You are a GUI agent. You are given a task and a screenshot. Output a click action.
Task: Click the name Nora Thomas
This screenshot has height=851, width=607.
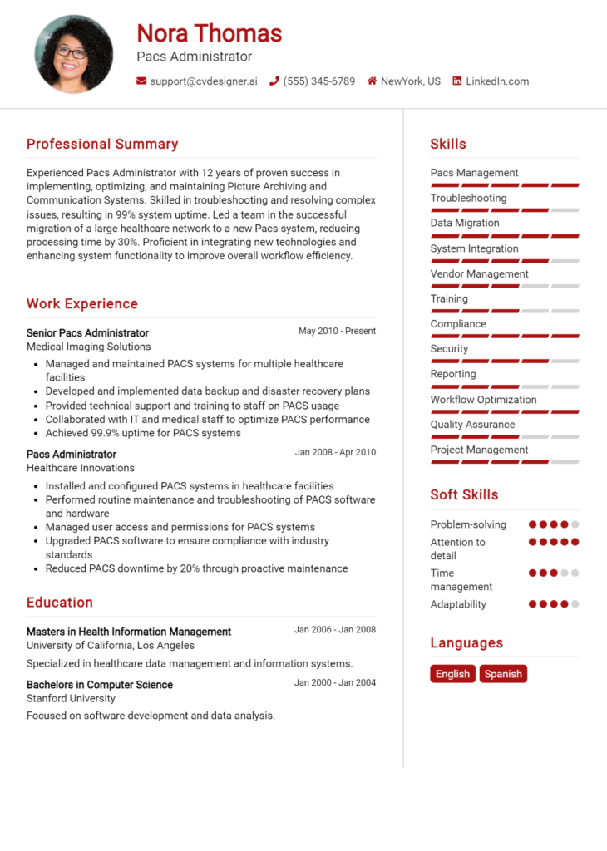(x=210, y=33)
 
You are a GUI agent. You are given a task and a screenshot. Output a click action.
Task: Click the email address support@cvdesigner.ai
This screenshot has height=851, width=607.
(x=204, y=81)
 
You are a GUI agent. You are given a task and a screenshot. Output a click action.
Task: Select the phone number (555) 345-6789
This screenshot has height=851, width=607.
(x=318, y=81)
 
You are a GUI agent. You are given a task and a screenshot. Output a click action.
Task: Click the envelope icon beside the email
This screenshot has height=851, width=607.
(x=141, y=81)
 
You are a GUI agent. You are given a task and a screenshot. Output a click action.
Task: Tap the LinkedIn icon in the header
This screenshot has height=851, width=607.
(x=456, y=81)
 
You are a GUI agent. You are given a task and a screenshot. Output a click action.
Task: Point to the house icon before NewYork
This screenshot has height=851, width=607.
(x=372, y=81)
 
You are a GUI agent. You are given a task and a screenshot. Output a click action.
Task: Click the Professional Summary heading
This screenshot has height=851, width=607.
(x=102, y=145)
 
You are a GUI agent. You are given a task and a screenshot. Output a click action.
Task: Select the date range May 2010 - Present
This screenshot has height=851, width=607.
(x=337, y=331)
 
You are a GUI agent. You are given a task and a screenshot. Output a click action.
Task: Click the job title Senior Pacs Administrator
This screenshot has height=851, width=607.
(x=87, y=332)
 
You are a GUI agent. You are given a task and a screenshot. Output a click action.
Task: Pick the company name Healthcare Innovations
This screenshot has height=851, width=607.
(x=81, y=468)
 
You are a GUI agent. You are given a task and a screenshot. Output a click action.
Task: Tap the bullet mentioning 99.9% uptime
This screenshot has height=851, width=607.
(x=143, y=433)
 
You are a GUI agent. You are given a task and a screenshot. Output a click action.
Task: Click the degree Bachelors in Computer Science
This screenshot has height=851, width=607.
(x=100, y=685)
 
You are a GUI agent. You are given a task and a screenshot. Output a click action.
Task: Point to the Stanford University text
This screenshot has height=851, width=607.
(x=71, y=699)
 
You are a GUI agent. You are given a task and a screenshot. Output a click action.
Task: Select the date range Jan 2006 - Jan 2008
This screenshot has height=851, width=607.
(x=334, y=630)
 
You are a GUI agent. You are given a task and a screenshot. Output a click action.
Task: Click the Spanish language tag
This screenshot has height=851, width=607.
(x=503, y=674)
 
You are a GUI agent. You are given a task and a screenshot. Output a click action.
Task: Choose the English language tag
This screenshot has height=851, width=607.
(x=452, y=674)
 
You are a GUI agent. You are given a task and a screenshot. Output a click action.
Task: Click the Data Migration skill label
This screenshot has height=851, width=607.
(x=465, y=223)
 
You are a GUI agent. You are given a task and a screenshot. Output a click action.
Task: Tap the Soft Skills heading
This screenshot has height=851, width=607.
(x=464, y=494)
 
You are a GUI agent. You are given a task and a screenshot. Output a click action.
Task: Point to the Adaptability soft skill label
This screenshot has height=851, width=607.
(x=458, y=604)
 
